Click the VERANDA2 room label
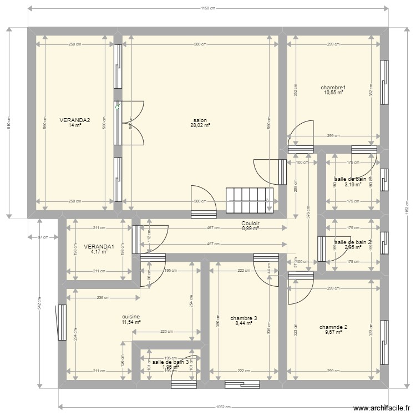(75, 120)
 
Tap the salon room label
(200, 120)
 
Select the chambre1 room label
(333, 88)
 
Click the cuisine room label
(131, 316)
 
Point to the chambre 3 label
(243, 318)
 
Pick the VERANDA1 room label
(99, 247)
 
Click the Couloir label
(251, 224)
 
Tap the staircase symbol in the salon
(250, 200)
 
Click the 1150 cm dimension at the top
(207, 8)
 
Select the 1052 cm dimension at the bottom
(223, 406)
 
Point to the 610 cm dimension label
(9, 126)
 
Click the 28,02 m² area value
(200, 126)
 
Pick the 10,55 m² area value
(333, 93)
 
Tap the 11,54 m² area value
(131, 322)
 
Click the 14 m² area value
(75, 125)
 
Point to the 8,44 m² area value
(243, 323)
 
